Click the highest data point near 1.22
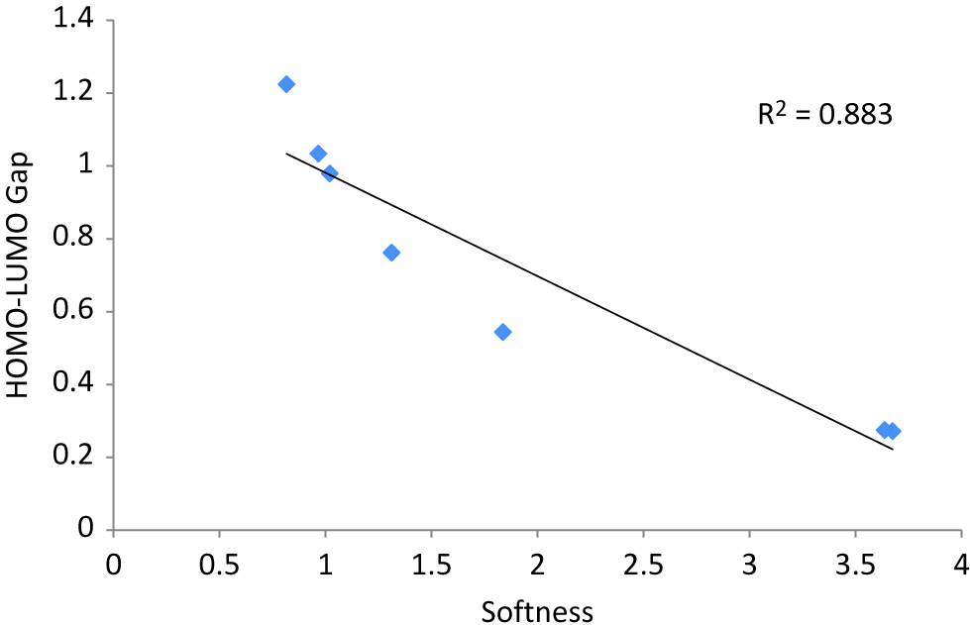pyautogui.click(x=286, y=84)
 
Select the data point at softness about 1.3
pyautogui.click(x=391, y=253)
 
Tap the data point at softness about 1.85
pyautogui.click(x=502, y=332)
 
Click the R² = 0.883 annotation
pyautogui.click(x=825, y=115)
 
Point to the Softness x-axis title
pyautogui.click(x=537, y=611)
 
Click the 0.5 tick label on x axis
pyautogui.click(x=219, y=564)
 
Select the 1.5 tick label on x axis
pyautogui.click(x=431, y=564)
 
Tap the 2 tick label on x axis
pyautogui.click(x=537, y=564)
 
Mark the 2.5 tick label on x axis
pyautogui.click(x=643, y=564)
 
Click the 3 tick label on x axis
pyautogui.click(x=749, y=564)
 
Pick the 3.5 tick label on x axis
pyautogui.click(x=855, y=564)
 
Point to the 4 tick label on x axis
pyautogui.click(x=960, y=564)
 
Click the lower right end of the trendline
pyautogui.click(x=893, y=450)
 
